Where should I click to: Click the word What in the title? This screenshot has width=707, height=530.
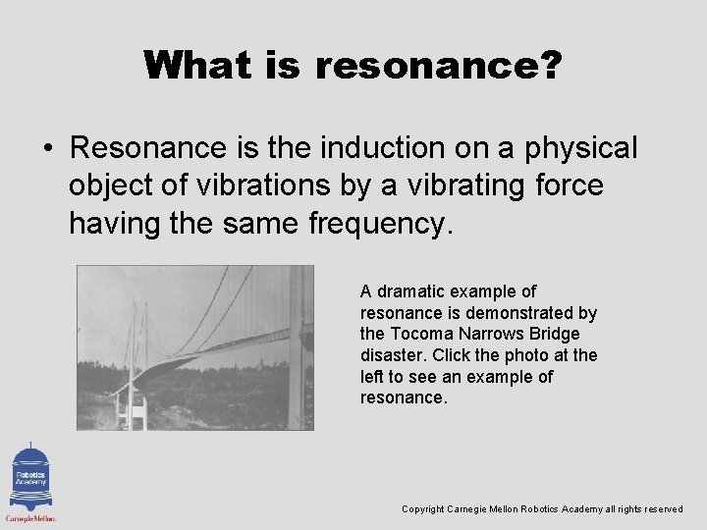200,66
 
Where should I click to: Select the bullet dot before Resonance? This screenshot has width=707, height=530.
47,149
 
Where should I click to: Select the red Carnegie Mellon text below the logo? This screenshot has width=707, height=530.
30,517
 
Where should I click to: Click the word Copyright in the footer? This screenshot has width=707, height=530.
423,509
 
